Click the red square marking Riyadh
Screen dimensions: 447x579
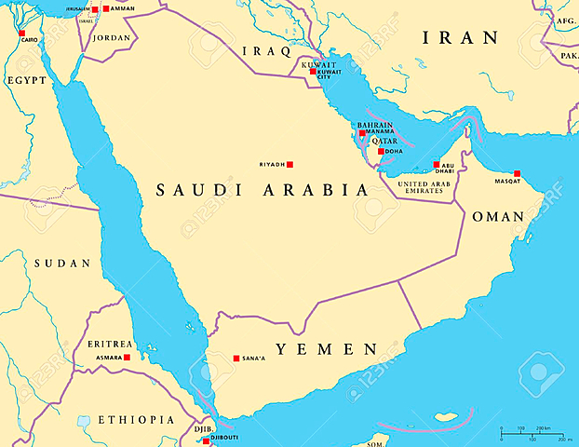[x=289, y=164]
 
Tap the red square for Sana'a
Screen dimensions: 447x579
[x=236, y=358]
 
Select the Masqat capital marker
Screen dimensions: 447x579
[x=517, y=173]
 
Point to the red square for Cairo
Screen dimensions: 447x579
[x=21, y=33]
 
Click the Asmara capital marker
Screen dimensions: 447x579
[x=127, y=357]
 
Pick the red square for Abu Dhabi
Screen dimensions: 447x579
[x=436, y=165]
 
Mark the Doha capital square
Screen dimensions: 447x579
[x=381, y=151]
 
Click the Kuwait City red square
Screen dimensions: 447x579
[x=314, y=71]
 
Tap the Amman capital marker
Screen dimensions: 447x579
[x=105, y=8]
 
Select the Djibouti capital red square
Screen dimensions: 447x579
[x=206, y=438]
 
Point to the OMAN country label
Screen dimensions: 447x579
[x=499, y=216]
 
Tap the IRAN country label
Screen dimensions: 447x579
[x=460, y=38]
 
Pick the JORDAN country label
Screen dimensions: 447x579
[x=111, y=38]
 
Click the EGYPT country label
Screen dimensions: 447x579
[x=27, y=81]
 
